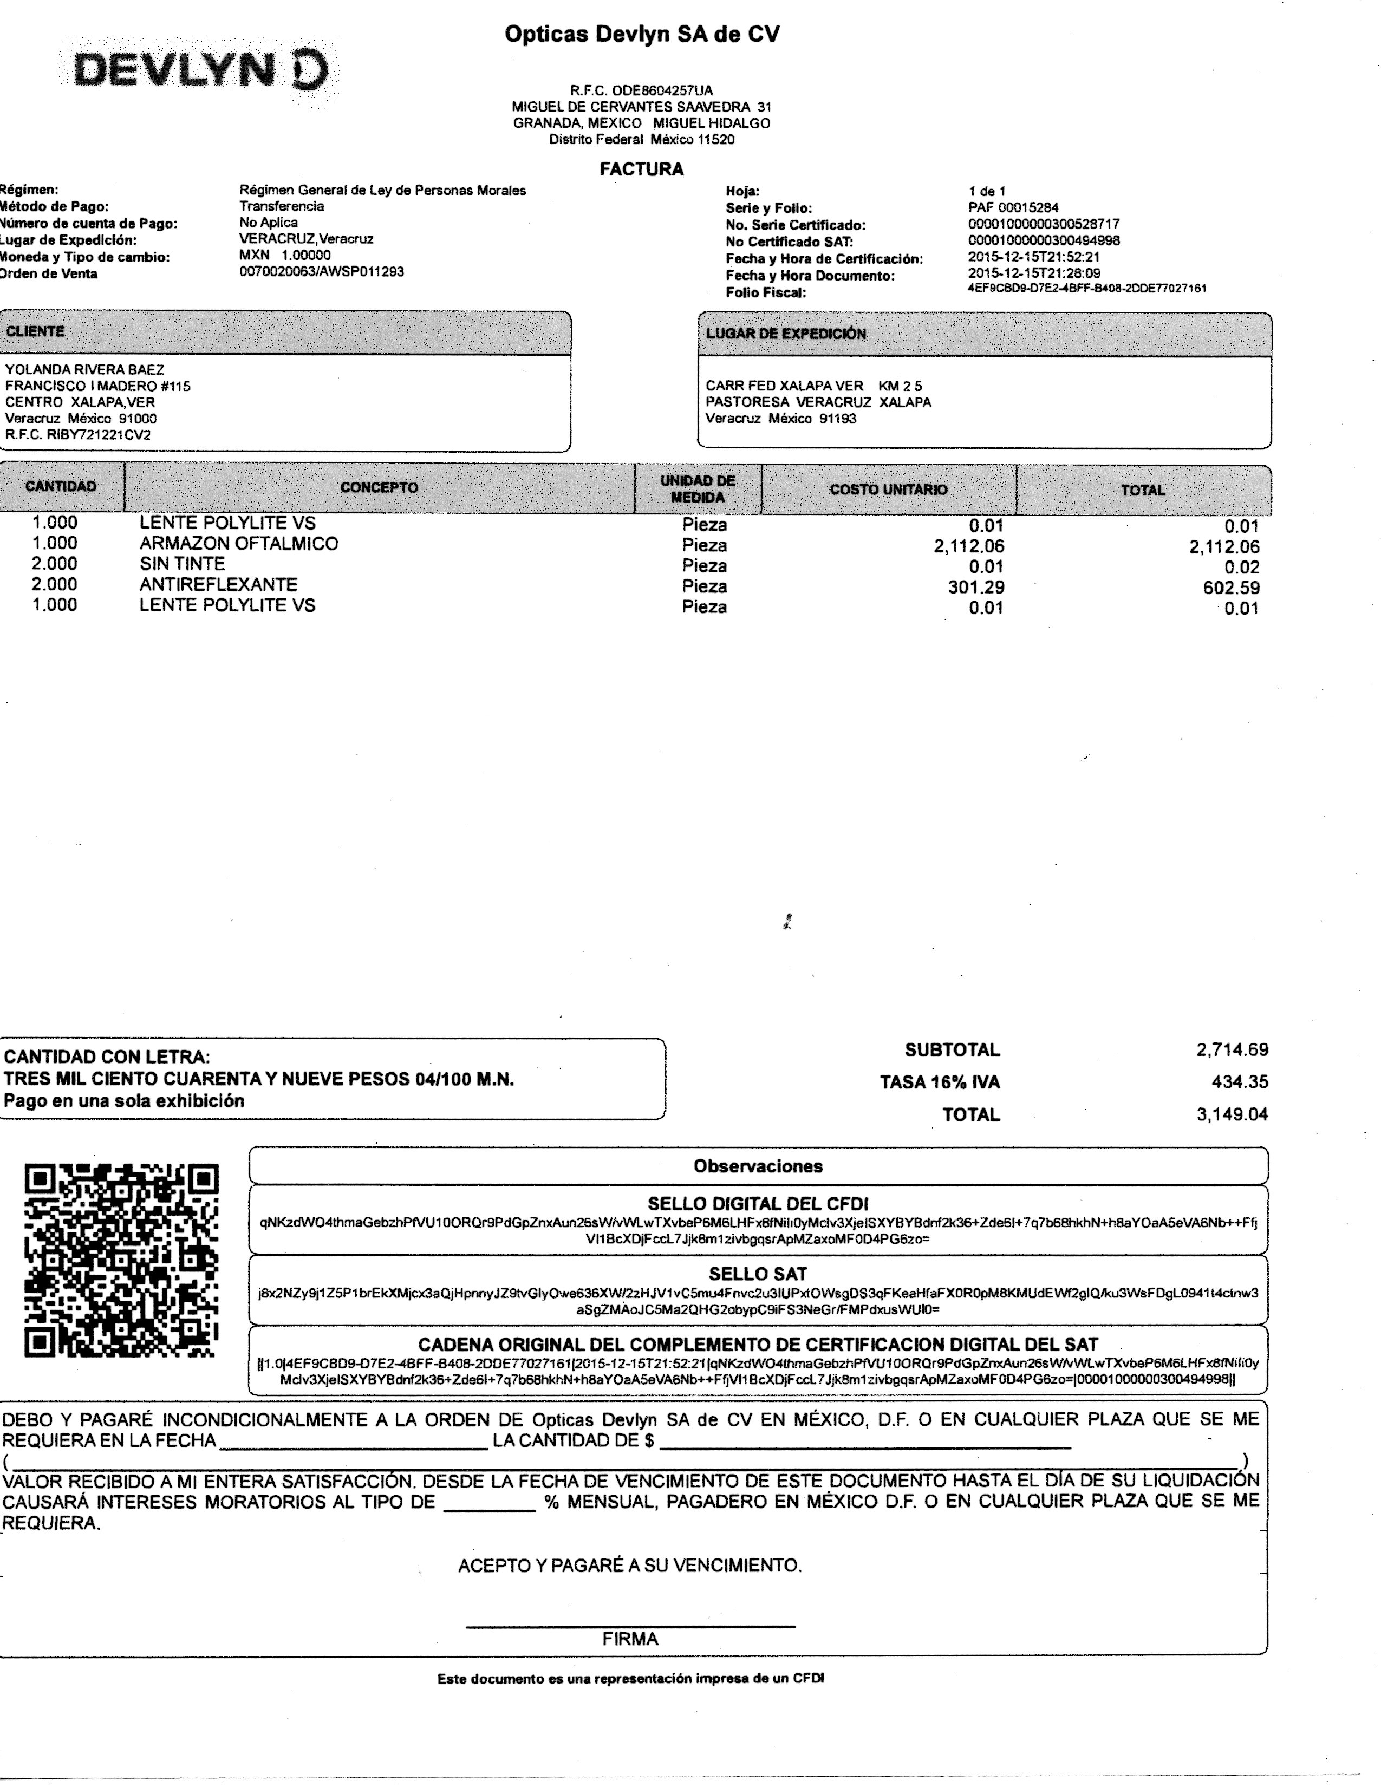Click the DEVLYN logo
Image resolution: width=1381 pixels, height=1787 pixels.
coord(200,70)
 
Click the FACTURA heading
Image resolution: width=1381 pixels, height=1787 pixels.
coord(641,169)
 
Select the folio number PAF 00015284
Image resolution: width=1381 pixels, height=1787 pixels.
coord(1013,208)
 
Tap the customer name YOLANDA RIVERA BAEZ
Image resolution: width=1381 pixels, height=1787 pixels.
coord(85,370)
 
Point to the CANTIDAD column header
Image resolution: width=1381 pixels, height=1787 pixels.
coord(61,487)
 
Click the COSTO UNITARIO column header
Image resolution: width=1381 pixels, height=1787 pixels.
coord(889,490)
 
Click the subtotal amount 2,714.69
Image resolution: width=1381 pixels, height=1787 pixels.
coord(1232,1050)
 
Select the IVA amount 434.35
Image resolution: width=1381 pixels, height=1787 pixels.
coord(1240,1082)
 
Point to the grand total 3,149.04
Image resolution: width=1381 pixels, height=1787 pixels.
coord(1232,1114)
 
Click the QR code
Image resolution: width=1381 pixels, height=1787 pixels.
coord(122,1261)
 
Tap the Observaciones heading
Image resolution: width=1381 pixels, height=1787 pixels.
coord(758,1167)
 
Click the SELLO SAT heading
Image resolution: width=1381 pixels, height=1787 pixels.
coord(758,1274)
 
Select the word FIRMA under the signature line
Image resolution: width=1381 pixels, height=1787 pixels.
coord(630,1639)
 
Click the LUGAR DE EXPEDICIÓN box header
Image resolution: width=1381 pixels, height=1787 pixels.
coord(785,334)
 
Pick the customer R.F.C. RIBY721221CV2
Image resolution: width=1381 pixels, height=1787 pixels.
coord(78,435)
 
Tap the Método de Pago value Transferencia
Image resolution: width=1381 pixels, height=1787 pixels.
coord(282,206)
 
